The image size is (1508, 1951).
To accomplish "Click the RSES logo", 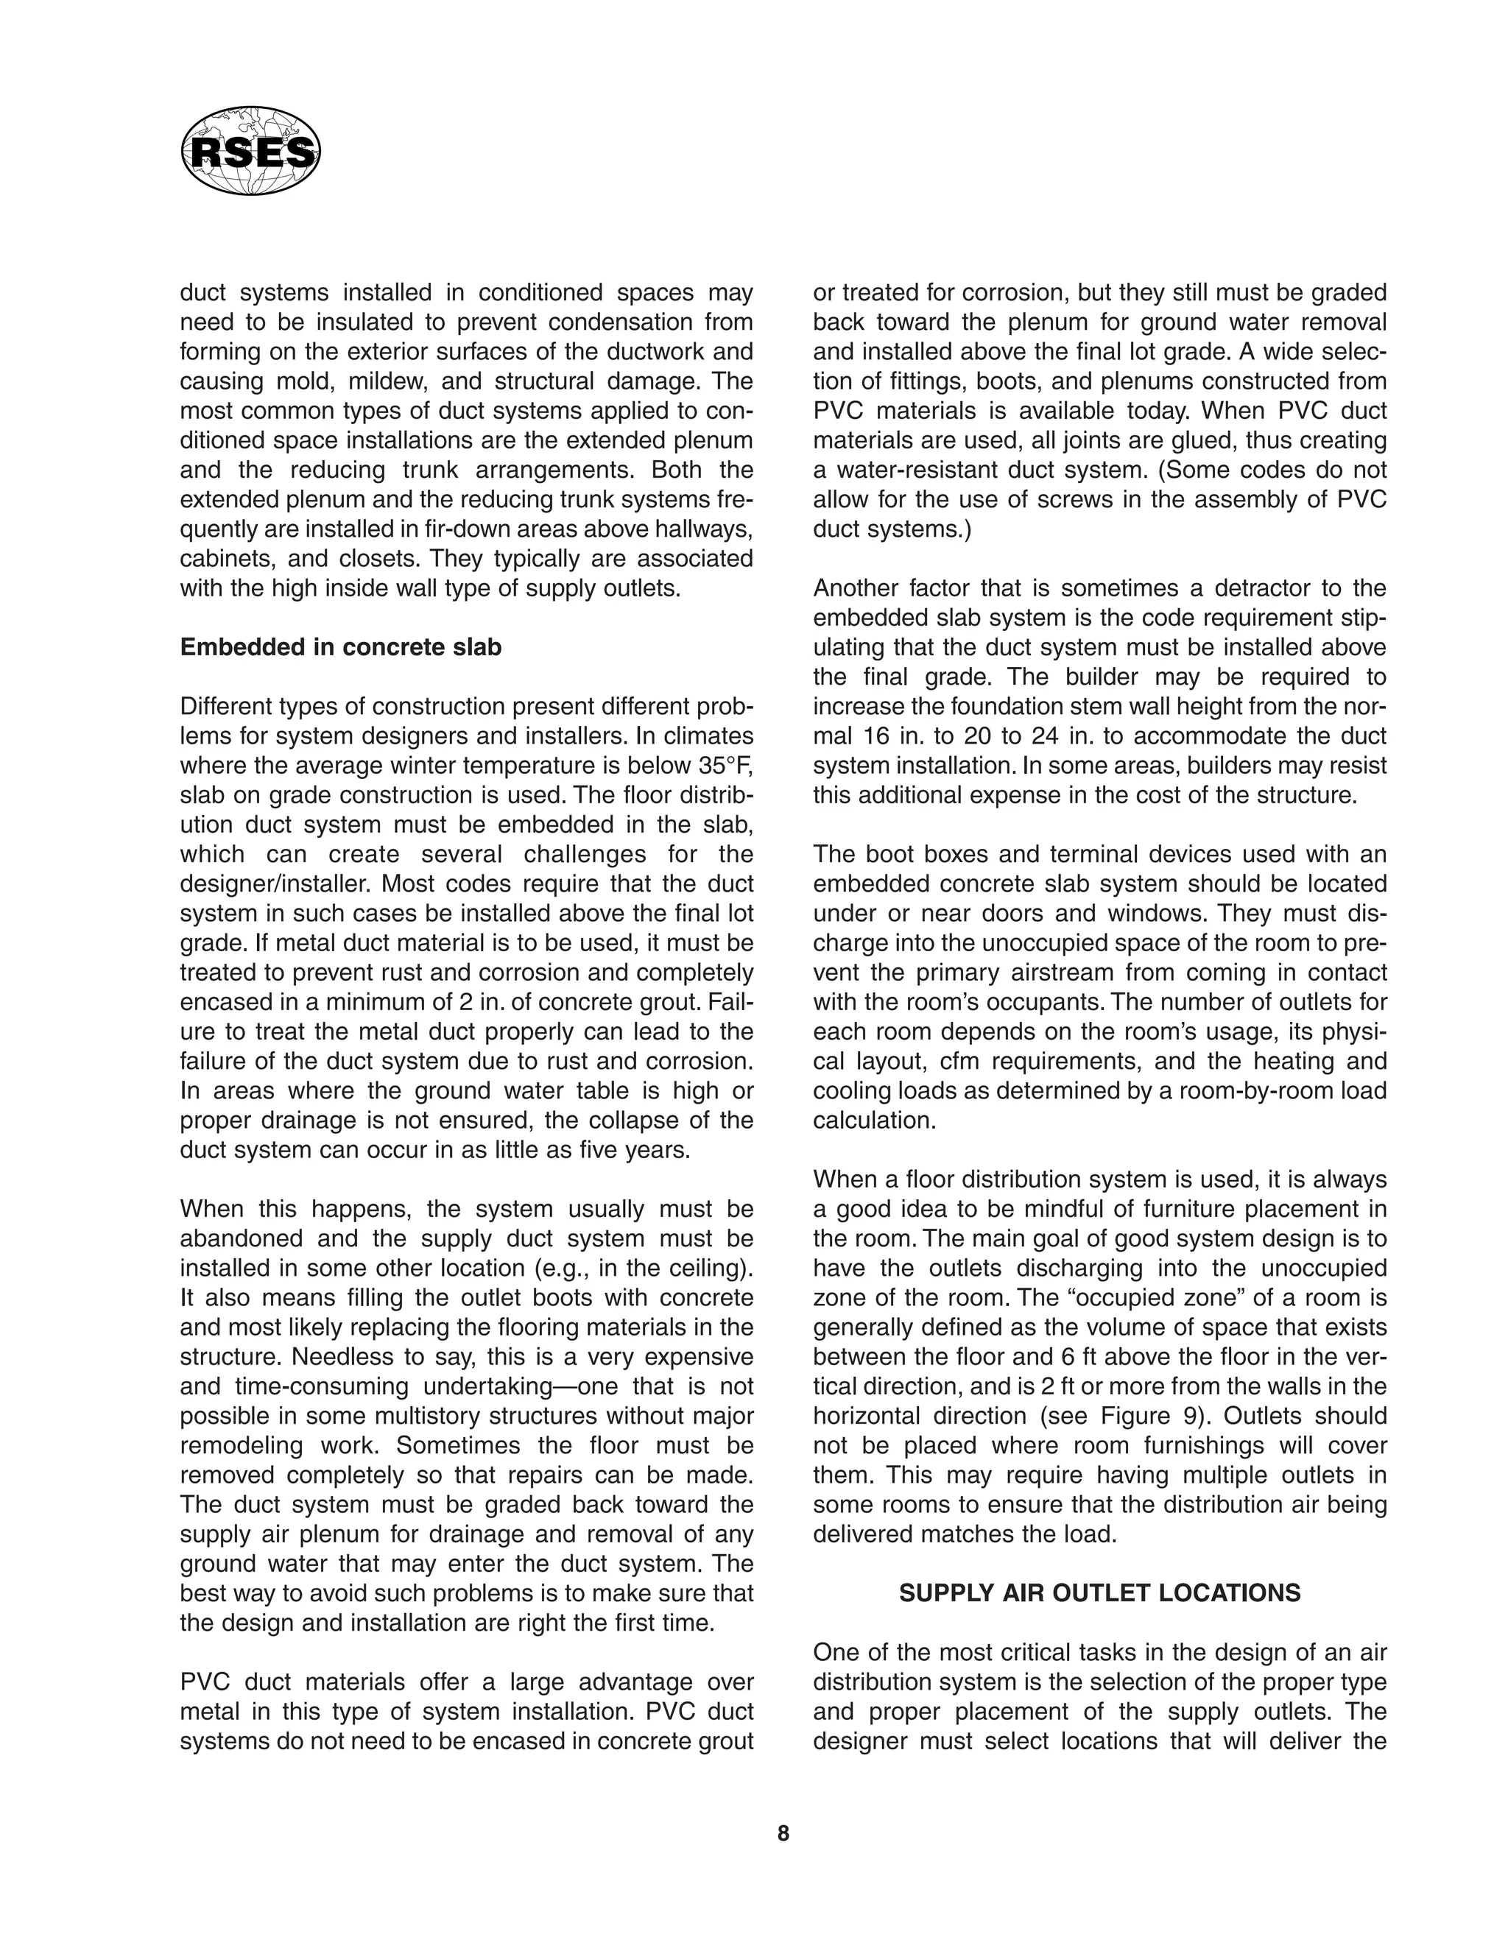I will click(250, 151).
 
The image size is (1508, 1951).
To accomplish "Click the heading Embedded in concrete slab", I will click(340, 648).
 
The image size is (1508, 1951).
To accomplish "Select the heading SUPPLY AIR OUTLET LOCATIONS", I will click(1100, 1592).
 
